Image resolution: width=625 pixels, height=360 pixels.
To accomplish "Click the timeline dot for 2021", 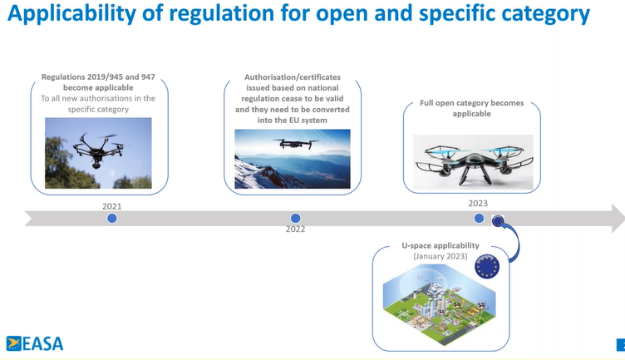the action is coord(112,219).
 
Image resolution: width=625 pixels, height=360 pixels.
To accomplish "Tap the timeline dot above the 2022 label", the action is coord(295,218).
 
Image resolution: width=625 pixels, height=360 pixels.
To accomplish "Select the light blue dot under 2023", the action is coord(479,218).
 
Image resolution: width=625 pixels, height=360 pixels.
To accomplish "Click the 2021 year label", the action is coord(111,206).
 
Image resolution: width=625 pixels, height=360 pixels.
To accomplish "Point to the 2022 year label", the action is coord(295,229).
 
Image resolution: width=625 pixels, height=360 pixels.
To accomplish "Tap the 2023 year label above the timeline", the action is coord(478,203).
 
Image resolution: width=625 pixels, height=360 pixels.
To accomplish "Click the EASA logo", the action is coord(35,343).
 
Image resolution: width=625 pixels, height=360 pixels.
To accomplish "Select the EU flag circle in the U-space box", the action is coord(487,266).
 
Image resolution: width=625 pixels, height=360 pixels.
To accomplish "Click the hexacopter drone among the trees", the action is coord(98,150).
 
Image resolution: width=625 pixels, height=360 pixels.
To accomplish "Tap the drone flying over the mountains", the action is coord(295,143).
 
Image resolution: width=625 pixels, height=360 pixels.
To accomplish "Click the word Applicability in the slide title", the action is coord(71,13).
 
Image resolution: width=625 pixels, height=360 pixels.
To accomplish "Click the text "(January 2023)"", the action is coord(440,256).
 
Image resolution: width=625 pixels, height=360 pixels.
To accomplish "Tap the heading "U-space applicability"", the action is coord(440,245).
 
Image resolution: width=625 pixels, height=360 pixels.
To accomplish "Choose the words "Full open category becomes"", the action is coord(471,103).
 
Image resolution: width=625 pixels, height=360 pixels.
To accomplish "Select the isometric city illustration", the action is coord(440,305).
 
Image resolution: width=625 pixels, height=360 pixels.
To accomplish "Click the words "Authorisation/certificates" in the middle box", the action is coord(293,77).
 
